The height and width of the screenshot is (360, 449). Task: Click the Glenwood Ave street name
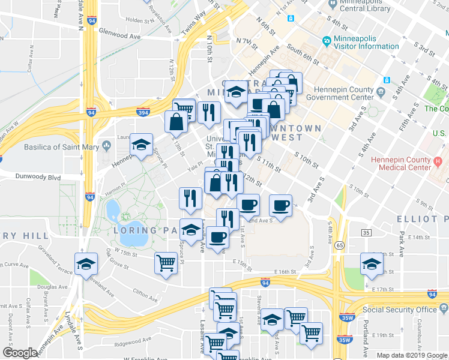click(x=119, y=35)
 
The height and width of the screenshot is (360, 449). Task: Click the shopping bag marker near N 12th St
click(x=177, y=122)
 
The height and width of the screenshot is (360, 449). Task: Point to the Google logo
click(x=20, y=353)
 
